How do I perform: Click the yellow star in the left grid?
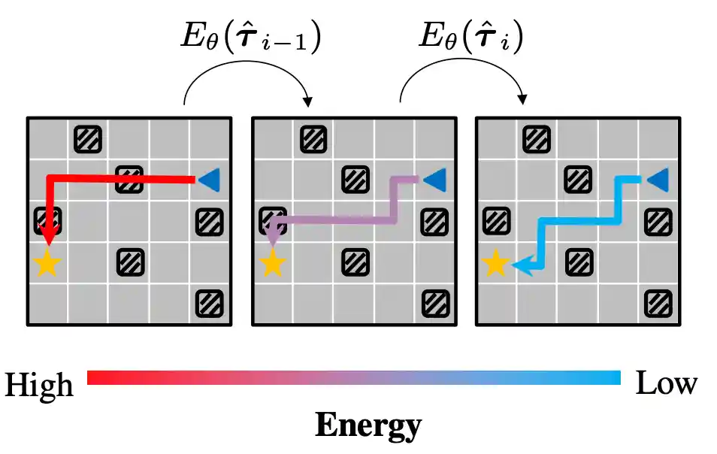point(47,264)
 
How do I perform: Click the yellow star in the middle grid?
point(272,264)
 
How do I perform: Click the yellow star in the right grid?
point(495,264)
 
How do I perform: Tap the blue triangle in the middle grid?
point(434,180)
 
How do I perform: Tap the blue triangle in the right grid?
point(658,180)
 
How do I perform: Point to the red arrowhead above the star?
point(49,236)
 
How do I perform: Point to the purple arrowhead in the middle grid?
point(274,236)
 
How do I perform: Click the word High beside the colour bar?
point(39,386)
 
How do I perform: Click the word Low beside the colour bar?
point(666,384)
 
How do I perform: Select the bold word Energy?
point(368,426)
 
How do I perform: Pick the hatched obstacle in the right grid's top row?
point(537,138)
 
